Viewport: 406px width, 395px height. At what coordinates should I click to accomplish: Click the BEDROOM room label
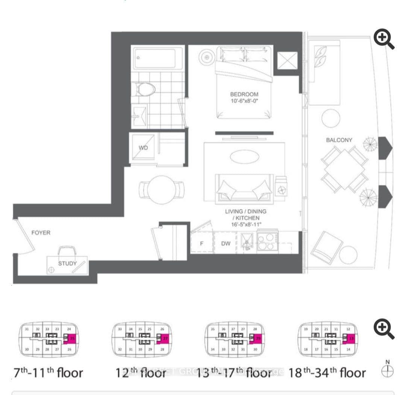click(244, 94)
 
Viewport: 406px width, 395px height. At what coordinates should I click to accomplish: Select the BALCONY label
click(339, 140)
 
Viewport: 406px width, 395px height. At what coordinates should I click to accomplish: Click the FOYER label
click(41, 232)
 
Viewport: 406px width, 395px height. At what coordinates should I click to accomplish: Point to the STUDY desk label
click(67, 263)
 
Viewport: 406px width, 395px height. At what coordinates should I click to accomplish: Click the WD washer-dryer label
click(143, 148)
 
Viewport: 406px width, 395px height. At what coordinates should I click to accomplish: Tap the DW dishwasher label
click(226, 243)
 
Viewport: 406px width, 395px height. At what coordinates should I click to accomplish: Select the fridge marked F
click(201, 243)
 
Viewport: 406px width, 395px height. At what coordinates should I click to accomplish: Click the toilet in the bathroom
click(144, 89)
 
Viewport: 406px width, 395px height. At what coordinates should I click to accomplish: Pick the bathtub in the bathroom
click(158, 58)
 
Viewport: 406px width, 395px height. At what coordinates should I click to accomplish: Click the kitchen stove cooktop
click(267, 242)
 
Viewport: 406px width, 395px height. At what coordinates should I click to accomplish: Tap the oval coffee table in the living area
click(244, 156)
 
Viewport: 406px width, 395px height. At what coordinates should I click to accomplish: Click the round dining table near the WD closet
click(162, 189)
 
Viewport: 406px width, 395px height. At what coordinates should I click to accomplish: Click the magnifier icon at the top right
click(384, 40)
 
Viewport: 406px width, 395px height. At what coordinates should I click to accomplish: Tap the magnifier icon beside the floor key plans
click(384, 330)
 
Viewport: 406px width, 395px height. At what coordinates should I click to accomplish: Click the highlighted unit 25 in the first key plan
click(71, 339)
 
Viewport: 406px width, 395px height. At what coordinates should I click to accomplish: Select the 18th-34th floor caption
click(327, 373)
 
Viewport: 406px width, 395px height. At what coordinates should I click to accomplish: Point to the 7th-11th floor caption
click(48, 373)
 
